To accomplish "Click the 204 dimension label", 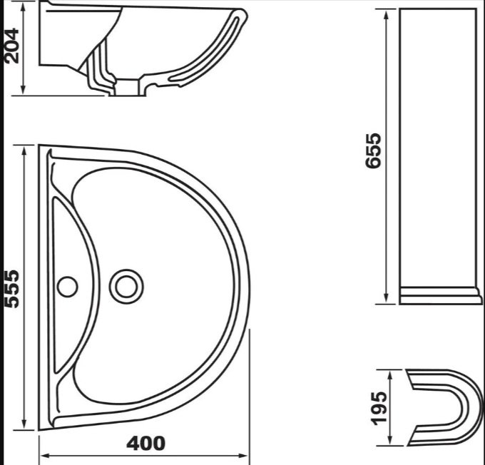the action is tap(12, 46).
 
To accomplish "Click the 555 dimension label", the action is tap(12, 289).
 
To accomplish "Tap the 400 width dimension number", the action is tap(145, 444).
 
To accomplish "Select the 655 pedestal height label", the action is tap(373, 150).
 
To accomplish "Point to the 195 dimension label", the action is tap(379, 409).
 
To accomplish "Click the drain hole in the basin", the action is tap(126, 287).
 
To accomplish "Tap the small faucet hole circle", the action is tap(68, 287).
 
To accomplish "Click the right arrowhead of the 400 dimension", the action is tap(243, 456).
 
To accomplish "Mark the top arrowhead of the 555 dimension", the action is tap(24, 150).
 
